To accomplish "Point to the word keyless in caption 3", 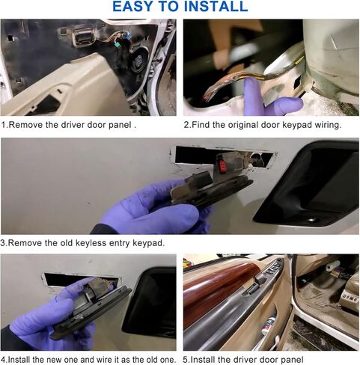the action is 91,243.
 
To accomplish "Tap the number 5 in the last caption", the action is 185,360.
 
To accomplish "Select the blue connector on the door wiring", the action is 128,37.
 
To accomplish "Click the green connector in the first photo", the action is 117,46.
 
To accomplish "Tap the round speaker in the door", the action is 138,60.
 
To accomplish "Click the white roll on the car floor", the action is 332,266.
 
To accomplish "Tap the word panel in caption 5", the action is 292,360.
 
